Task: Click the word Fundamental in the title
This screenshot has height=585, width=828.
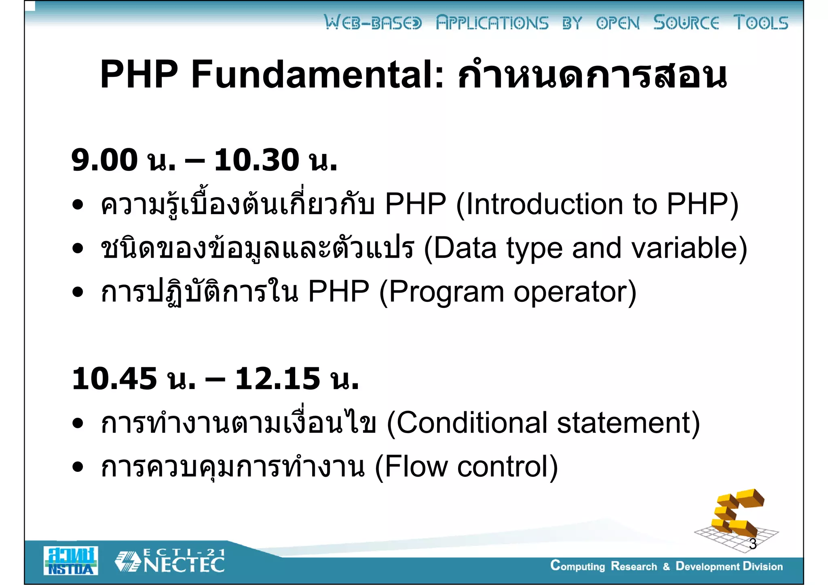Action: click(317, 75)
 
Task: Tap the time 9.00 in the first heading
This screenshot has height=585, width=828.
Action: click(104, 160)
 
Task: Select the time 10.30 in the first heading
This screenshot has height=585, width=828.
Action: click(256, 160)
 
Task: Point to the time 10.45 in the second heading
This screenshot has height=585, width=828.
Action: click(114, 379)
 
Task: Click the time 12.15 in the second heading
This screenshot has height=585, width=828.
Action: click(278, 379)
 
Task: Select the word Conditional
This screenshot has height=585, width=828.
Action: click(471, 423)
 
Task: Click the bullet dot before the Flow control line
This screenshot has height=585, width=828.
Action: click(78, 467)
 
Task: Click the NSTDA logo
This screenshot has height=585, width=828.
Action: click(71, 561)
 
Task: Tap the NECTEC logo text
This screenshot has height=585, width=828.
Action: click(184, 565)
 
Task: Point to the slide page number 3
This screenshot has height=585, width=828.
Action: click(752, 544)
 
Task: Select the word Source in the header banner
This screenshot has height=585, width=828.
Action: click(686, 23)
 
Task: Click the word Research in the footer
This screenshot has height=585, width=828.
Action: click(634, 566)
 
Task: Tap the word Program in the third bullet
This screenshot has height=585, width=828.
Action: click(446, 292)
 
